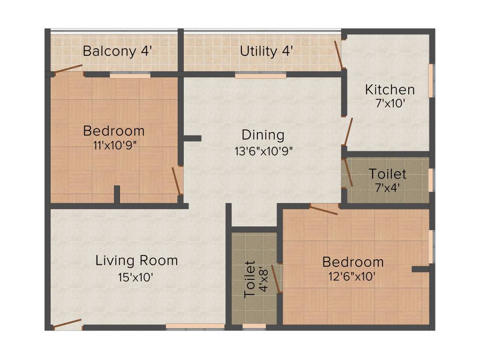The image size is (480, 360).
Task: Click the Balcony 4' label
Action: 117,51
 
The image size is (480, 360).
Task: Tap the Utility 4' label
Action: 266,51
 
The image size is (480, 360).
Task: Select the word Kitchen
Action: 390,90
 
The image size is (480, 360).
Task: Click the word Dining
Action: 263,135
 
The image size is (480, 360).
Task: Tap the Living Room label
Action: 136,261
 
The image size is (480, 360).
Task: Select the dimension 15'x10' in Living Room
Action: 136,277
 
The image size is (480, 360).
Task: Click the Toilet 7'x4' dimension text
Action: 387,189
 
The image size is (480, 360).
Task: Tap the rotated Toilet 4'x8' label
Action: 256,280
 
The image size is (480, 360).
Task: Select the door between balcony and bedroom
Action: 68,69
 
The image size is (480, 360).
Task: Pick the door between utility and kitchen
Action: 338,55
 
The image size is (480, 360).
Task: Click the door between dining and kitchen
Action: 348,132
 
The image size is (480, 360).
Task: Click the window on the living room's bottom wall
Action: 195,326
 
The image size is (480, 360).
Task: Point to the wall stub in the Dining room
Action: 192,138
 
